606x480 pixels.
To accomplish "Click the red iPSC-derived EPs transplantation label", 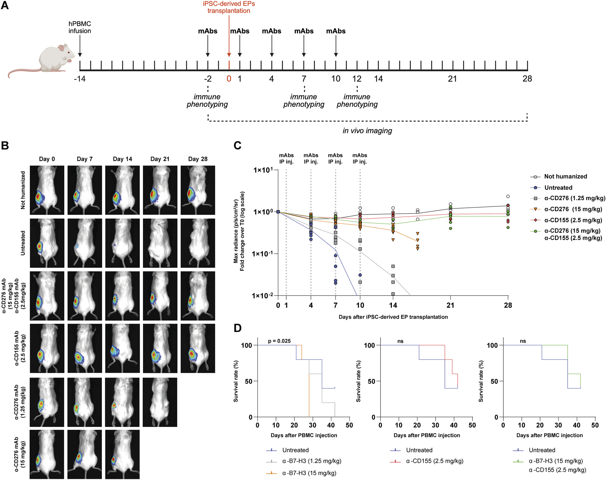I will pyautogui.click(x=229, y=7).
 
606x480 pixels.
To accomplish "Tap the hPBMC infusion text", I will pyautogui.click(x=80, y=27).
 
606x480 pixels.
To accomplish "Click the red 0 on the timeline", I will pyautogui.click(x=229, y=79).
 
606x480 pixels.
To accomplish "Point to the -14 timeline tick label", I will pyautogui.click(x=80, y=79).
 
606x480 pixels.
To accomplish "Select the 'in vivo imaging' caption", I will pyautogui.click(x=367, y=131).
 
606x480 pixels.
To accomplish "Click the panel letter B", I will pyautogui.click(x=5, y=146).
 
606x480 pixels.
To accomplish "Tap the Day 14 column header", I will pyautogui.click(x=122, y=159).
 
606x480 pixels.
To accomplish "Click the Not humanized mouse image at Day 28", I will pyautogui.click(x=198, y=190).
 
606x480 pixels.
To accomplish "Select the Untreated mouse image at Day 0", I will pyautogui.click(x=47, y=243).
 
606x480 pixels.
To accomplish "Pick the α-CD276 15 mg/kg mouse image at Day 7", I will pyautogui.click(x=84, y=454).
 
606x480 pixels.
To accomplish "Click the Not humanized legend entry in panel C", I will pyautogui.click(x=565, y=177).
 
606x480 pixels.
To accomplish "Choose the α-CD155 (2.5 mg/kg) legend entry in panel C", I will pyautogui.click(x=573, y=220).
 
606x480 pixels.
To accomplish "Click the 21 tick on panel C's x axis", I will pyautogui.click(x=450, y=305).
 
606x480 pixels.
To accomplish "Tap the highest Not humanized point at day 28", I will pyautogui.click(x=508, y=196).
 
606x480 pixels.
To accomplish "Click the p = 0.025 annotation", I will pyautogui.click(x=279, y=341).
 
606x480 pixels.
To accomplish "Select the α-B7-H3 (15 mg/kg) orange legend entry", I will pyautogui.click(x=309, y=473).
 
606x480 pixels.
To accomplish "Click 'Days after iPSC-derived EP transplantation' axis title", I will pyautogui.click(x=393, y=317).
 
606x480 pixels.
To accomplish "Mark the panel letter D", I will pyautogui.click(x=237, y=328).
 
